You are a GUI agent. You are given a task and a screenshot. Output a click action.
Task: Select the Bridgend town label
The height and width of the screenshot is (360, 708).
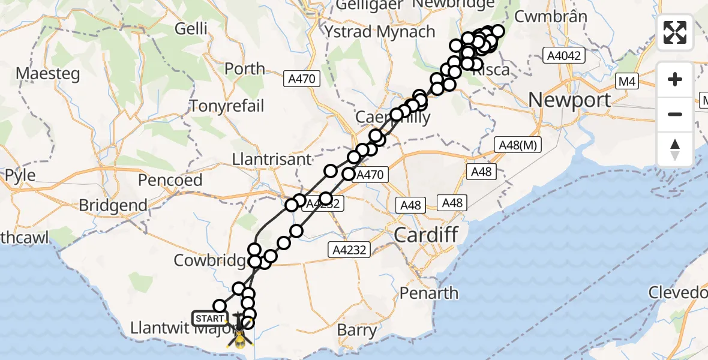pyautogui.click(x=113, y=205)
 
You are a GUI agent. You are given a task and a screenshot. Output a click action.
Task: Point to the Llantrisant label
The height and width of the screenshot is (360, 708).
pyautogui.click(x=273, y=160)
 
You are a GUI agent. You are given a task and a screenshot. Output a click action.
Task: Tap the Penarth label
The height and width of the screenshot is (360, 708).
pyautogui.click(x=429, y=293)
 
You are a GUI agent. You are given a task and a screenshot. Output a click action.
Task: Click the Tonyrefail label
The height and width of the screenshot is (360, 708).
pyautogui.click(x=227, y=106)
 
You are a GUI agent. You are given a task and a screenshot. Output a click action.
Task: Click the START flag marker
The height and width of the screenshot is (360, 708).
pyautogui.click(x=209, y=319)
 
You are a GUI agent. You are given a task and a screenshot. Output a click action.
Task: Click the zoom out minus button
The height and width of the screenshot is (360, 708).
pyautogui.click(x=675, y=114)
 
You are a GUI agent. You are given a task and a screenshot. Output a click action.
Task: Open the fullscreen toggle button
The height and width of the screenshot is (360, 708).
pyautogui.click(x=675, y=32)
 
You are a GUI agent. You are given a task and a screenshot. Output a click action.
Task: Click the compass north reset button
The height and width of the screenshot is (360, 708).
pyautogui.click(x=675, y=149)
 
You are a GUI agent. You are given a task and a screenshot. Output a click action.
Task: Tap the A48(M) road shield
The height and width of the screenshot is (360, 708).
pyautogui.click(x=514, y=145)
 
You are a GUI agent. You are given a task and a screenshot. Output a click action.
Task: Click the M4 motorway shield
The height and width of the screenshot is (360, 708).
pyautogui.click(x=628, y=81)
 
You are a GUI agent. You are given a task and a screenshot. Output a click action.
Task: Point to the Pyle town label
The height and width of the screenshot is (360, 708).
pyautogui.click(x=20, y=176)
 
